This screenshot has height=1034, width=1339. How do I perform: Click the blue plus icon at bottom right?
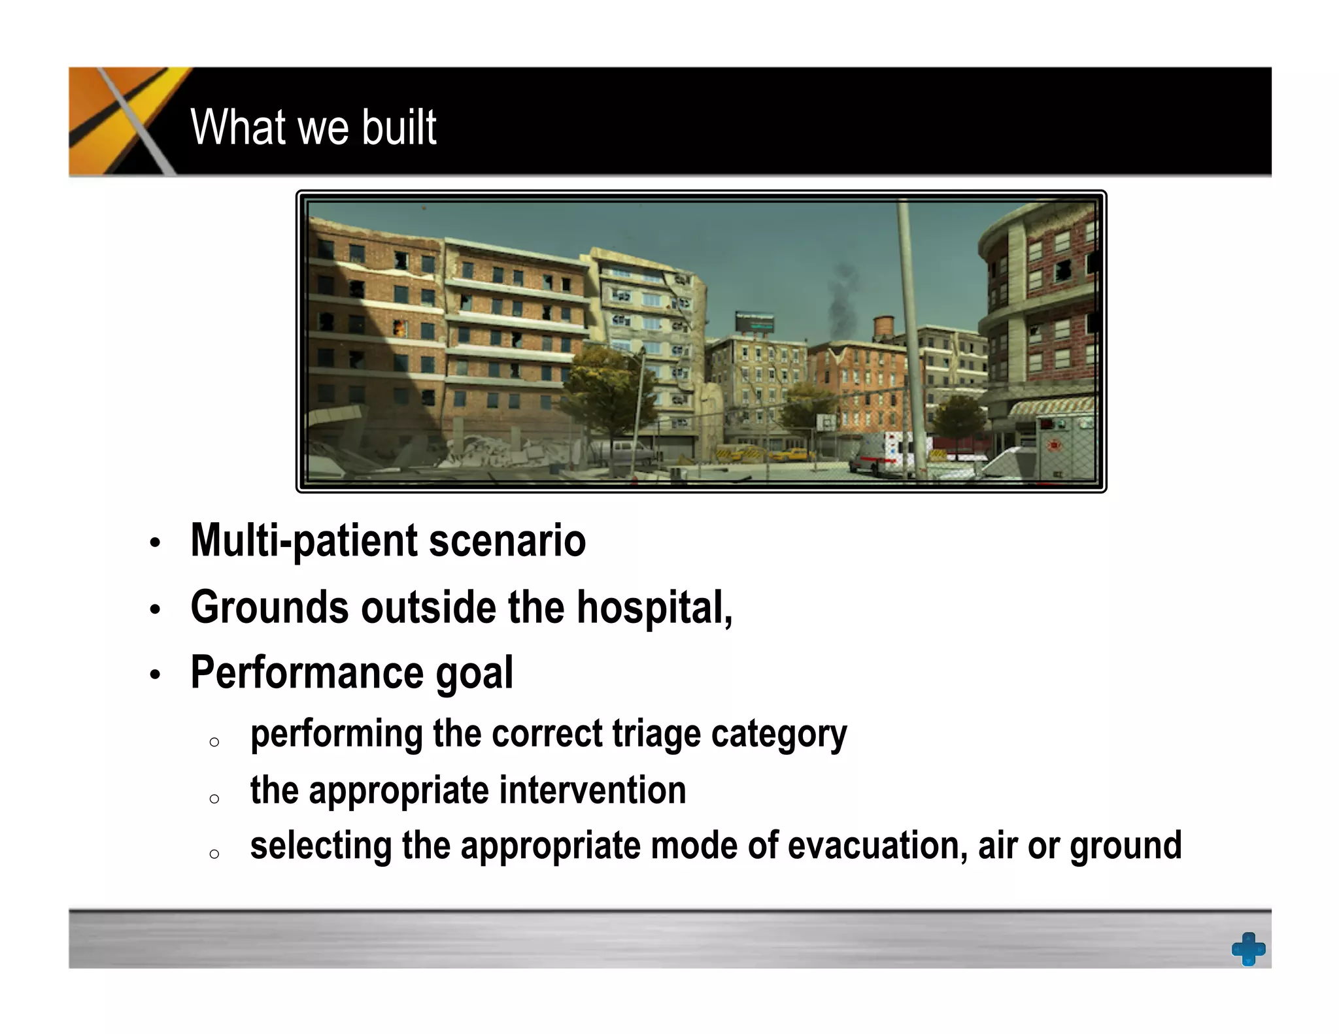(x=1247, y=948)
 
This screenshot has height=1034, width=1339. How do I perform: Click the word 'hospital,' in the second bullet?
(x=654, y=607)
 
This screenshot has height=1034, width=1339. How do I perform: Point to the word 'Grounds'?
(x=269, y=607)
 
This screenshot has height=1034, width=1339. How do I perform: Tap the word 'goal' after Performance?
(x=474, y=674)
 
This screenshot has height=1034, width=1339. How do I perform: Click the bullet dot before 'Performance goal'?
(x=154, y=675)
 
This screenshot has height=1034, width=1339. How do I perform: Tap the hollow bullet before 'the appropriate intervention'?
(x=214, y=799)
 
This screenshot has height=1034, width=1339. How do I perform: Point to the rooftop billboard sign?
(x=754, y=322)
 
